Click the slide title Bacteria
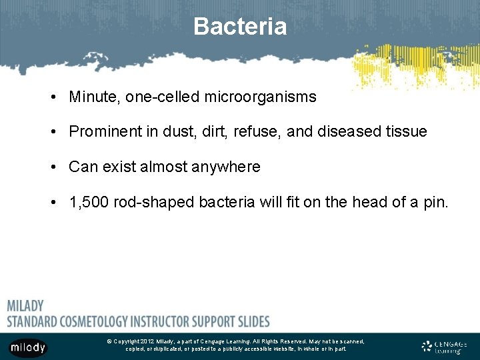[240, 27]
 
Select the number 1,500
[88, 202]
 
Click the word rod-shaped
[155, 202]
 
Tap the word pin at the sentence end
[437, 202]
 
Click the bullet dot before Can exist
[52, 167]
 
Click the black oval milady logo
[28, 347]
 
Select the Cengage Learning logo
[445, 347]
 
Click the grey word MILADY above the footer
[25, 306]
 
